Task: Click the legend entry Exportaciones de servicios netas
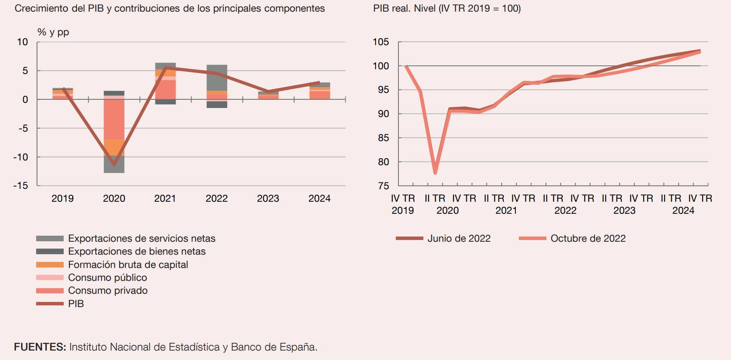point(141,238)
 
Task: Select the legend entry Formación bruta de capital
point(128,265)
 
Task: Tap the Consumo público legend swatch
point(49,277)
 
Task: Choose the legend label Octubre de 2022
point(588,238)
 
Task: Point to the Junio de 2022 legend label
point(459,238)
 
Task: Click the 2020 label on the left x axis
point(114,198)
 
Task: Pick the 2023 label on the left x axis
point(268,198)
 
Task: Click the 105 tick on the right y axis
point(381,42)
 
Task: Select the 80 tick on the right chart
point(383,162)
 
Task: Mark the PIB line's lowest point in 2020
point(114,164)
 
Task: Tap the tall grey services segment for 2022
point(217,78)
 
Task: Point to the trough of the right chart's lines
point(435,172)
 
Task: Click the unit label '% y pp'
point(53,32)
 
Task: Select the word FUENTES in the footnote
point(40,347)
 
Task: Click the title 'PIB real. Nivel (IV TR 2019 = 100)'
point(447,9)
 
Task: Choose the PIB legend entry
point(76,304)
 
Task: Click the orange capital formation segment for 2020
point(114,147)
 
